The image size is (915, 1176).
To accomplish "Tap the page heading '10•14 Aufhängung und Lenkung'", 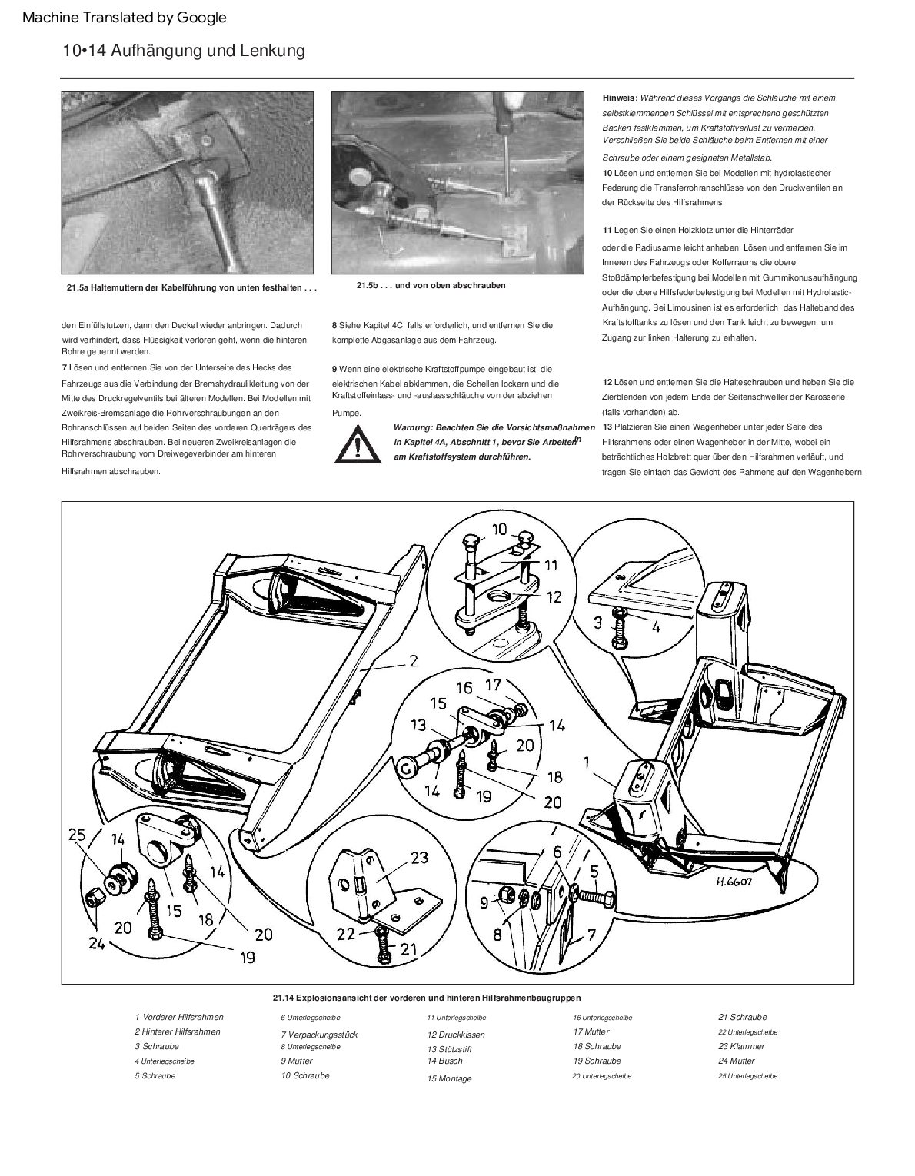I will (184, 51).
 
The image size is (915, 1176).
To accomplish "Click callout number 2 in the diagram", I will (413, 660).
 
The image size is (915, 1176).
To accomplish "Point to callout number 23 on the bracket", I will (419, 857).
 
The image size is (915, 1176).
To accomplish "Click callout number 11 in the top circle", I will (551, 565).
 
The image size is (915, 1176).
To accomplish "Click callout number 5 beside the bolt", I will (594, 871).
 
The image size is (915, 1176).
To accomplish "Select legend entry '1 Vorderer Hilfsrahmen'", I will (178, 1017).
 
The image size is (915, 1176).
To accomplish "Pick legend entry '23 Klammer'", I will (741, 1046).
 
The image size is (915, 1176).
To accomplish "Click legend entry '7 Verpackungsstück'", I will (319, 1035).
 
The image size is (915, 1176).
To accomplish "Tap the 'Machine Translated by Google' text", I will (125, 17).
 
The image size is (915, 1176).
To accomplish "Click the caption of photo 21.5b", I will (431, 285).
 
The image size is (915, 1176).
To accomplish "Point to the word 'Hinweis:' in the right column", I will (620, 98).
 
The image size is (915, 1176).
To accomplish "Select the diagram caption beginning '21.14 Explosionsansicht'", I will (426, 997).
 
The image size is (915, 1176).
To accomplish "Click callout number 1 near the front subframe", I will (587, 762).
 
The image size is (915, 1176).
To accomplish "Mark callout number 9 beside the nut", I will (484, 902).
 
